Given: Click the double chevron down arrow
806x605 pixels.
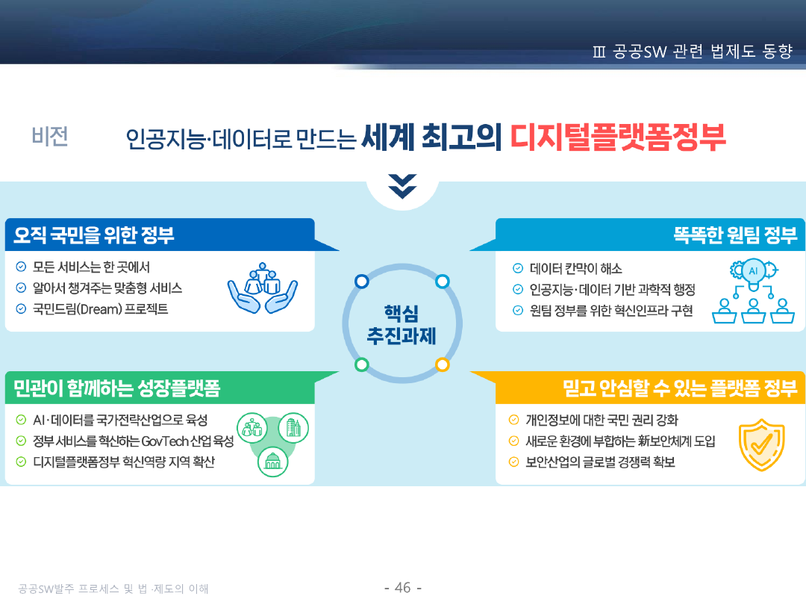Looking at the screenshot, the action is click(402, 186).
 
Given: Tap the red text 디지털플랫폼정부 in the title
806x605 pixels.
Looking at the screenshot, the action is click(617, 137).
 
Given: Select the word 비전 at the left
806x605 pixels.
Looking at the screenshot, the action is click(50, 137).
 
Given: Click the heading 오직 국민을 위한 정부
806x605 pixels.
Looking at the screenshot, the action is click(94, 235).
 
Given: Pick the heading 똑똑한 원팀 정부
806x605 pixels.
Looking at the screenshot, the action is click(735, 235).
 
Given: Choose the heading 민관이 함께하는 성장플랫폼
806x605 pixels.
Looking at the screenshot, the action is click(116, 388).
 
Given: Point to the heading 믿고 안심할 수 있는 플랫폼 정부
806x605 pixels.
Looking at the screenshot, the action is click(680, 388).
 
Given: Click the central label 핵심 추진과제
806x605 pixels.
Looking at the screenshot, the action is click(402, 325).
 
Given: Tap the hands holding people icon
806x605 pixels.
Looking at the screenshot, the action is click(263, 288).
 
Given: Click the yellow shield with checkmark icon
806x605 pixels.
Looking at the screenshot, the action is click(762, 444).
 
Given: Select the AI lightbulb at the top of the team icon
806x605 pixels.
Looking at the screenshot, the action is click(754, 271).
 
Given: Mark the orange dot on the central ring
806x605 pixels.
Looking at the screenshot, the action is click(442, 364).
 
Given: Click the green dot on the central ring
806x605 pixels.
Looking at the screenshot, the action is click(362, 364).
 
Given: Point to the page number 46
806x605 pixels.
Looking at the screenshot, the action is click(403, 588).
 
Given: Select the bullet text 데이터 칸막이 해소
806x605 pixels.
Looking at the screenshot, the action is click(575, 269).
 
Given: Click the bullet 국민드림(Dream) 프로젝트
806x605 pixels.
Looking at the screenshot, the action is click(100, 308).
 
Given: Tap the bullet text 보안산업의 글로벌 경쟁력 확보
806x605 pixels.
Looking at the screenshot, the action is click(600, 462).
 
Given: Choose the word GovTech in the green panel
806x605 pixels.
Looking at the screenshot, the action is click(165, 441).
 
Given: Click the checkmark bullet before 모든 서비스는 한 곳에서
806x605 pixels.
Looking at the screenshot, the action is click(21, 267).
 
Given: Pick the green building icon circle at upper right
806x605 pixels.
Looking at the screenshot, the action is click(293, 428).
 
